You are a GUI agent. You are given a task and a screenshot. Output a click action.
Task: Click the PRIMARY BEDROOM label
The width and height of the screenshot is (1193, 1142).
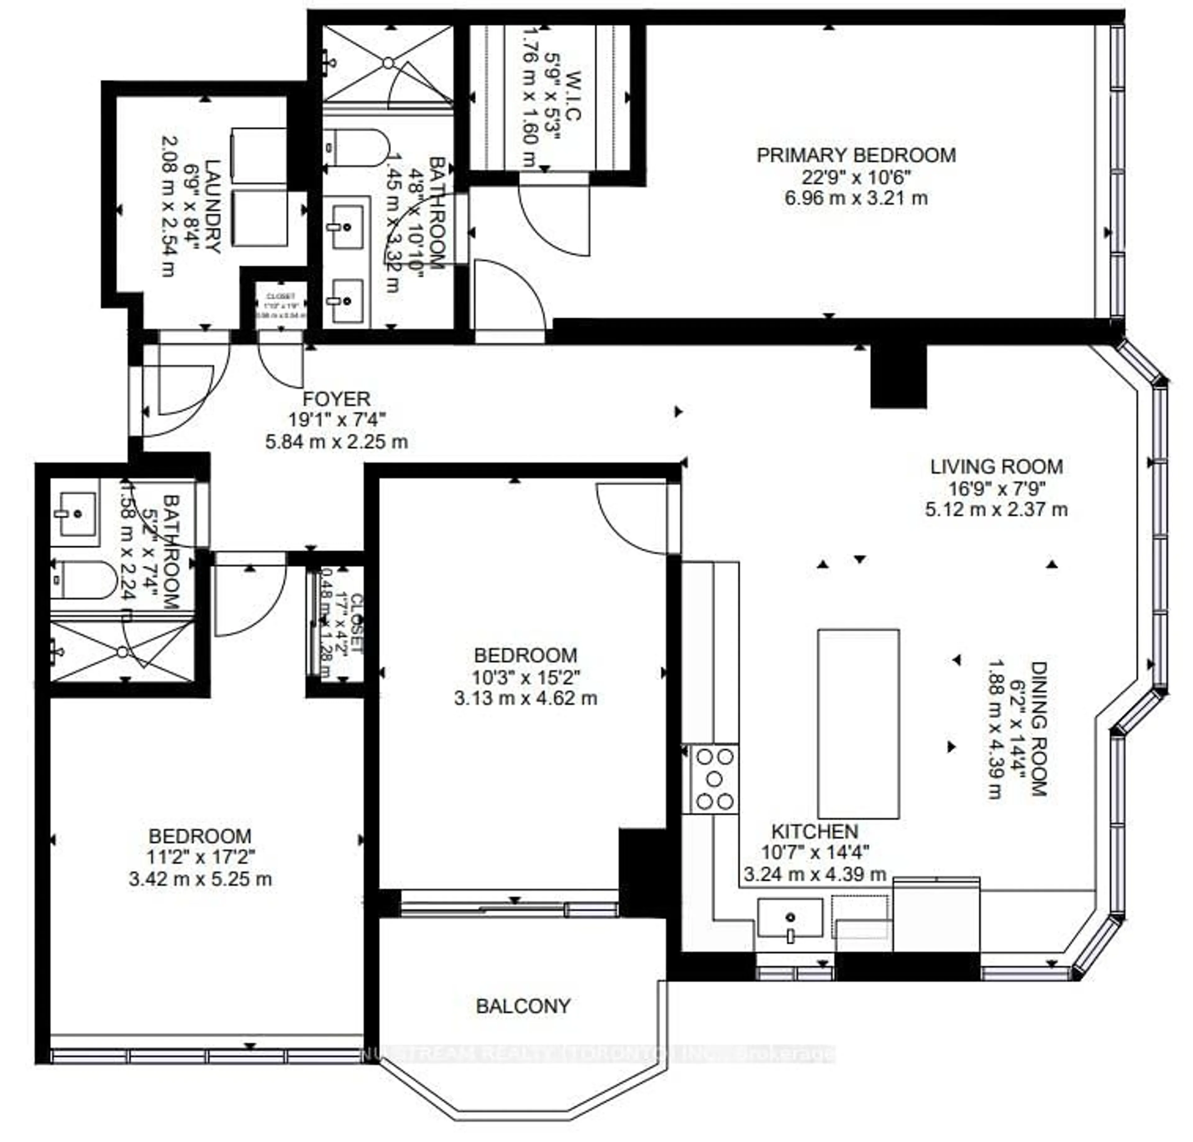(x=856, y=155)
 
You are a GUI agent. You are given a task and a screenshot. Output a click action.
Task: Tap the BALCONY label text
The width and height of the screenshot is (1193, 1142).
(x=523, y=1006)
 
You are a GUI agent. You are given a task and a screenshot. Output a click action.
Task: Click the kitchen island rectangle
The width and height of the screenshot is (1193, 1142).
(x=858, y=723)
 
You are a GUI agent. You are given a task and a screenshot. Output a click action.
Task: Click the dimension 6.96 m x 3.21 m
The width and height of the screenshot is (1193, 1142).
(x=856, y=198)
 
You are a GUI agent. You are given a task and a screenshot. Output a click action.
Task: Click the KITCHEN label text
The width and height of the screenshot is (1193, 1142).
(x=814, y=831)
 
